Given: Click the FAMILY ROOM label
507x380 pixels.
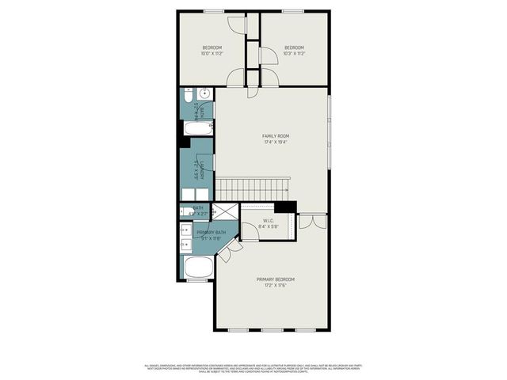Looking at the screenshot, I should point(275,136).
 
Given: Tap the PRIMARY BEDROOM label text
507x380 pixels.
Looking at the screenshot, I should point(275,279).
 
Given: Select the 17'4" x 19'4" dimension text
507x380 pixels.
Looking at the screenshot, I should point(275,142).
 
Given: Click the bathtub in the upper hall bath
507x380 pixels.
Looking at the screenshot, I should point(196,127).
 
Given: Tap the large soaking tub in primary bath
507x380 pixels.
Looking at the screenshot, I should point(198,267).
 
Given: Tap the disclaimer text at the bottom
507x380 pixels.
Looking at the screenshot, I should point(253,368).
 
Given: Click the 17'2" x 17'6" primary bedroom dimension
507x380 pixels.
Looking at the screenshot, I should point(275,286).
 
